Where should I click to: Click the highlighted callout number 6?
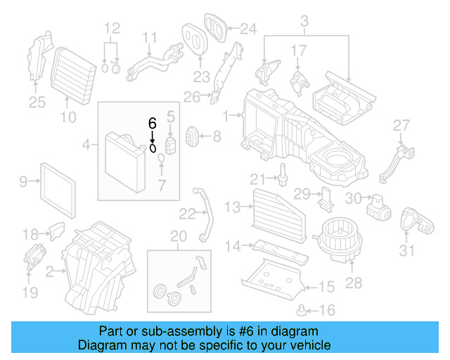pos(152,122)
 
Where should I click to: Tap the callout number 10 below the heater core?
pos(67,117)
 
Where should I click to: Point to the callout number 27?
pos(401,126)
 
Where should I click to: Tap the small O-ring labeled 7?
pos(161,167)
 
